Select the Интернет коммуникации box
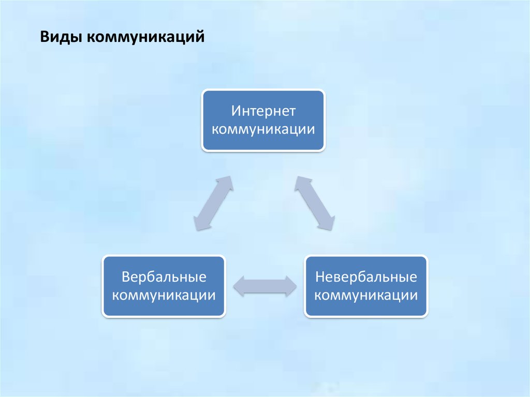click(263, 120)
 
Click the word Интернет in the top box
click(263, 111)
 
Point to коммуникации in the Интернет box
click(263, 129)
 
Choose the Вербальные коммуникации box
click(164, 286)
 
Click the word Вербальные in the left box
click(164, 277)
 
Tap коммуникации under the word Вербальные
click(164, 295)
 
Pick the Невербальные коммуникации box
click(366, 286)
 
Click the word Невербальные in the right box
click(366, 277)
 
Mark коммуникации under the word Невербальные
click(366, 295)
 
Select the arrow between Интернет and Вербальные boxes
click(213, 202)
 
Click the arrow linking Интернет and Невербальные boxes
click(315, 202)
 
